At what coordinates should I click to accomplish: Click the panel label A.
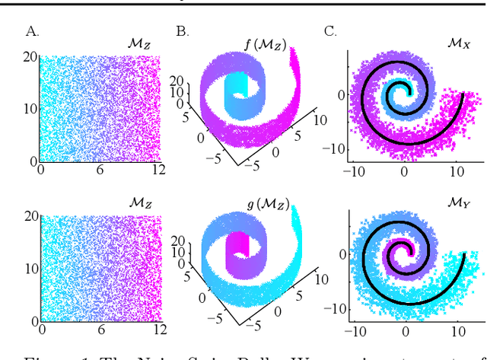coord(32,31)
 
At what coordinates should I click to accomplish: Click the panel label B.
coord(183,31)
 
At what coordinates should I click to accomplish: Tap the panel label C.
coord(330,31)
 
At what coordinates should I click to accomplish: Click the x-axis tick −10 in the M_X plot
coord(354,172)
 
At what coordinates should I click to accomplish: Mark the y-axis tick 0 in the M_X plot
coord(339,94)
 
